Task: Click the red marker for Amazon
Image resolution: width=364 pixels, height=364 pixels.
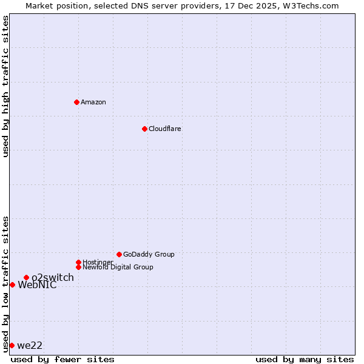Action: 76,102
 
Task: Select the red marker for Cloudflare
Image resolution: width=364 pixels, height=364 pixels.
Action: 144,129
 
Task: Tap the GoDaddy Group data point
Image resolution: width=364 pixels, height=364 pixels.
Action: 119,254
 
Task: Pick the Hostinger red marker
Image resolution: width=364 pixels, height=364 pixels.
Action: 78,262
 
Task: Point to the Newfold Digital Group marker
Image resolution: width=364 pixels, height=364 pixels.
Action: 78,267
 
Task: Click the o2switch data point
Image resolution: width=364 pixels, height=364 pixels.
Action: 26,277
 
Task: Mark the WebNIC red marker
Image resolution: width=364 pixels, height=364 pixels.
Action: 12,285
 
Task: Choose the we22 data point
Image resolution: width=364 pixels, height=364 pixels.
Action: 12,345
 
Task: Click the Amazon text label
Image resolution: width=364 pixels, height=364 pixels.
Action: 93,102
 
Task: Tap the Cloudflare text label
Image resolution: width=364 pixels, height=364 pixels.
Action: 165,129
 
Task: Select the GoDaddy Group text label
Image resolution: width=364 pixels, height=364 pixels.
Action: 149,254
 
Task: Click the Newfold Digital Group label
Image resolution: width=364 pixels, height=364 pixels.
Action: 118,267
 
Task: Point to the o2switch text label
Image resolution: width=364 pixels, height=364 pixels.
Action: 53,278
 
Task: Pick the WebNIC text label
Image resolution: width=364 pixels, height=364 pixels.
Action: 37,285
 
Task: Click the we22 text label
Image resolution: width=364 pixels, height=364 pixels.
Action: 30,346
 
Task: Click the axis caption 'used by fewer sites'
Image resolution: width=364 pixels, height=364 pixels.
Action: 62,359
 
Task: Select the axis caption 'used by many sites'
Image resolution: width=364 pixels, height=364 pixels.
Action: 305,359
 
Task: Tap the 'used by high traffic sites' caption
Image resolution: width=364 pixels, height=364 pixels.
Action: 5,86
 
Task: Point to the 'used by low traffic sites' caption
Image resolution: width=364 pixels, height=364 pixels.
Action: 5,284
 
